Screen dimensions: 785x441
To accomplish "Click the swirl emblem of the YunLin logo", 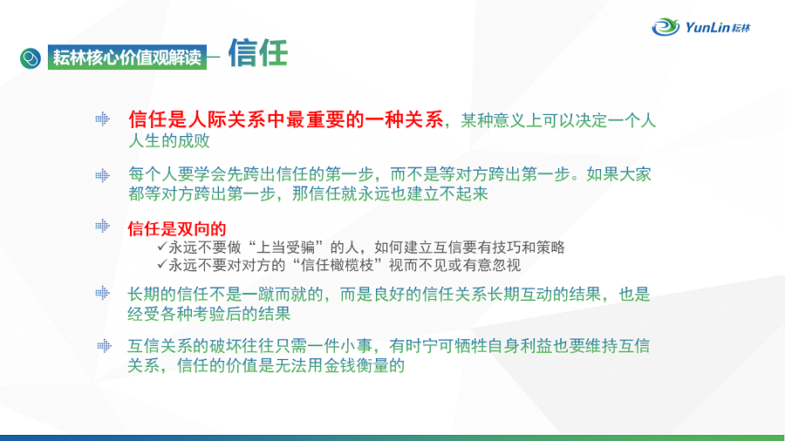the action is tap(666, 26).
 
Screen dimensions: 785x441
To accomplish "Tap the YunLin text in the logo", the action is tap(707, 27).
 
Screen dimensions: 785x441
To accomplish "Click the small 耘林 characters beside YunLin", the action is tap(741, 28).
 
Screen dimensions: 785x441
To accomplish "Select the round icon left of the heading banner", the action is tap(31, 58).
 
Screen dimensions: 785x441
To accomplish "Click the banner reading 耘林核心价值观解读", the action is tap(127, 57).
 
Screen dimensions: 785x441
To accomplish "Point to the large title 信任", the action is tap(258, 53).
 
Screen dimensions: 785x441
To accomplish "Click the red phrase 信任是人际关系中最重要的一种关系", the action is tap(286, 119).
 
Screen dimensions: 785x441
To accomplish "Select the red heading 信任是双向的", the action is tap(177, 228).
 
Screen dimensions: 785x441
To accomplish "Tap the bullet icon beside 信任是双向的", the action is tap(103, 226).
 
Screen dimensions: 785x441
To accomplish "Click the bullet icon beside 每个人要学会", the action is tap(103, 175).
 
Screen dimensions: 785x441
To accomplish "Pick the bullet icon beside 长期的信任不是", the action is tap(103, 293).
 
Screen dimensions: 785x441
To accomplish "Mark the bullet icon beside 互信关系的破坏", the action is tap(104, 345).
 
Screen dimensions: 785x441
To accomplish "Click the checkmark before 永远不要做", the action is tap(161, 246).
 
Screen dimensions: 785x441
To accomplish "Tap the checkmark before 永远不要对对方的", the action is tap(161, 263).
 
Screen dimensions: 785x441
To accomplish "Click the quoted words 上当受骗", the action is tap(286, 248).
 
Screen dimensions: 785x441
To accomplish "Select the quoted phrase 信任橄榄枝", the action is tap(338, 265).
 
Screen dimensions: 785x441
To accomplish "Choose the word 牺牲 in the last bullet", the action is tap(471, 345).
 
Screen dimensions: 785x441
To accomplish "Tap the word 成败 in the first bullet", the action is tap(194, 141).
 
